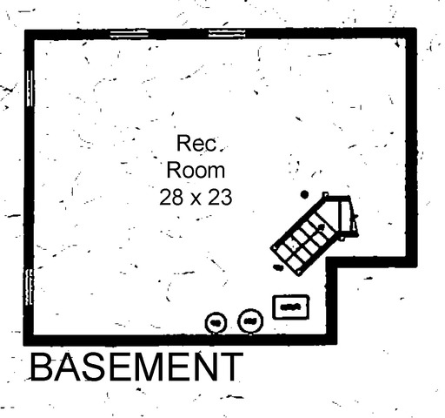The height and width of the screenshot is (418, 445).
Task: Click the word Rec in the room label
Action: point(196,143)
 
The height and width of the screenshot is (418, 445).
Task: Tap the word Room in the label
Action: point(196,170)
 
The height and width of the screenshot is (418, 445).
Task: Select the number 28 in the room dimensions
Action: point(171,197)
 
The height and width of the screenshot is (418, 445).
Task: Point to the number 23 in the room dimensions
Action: point(220,197)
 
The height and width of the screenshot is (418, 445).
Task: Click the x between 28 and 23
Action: point(196,199)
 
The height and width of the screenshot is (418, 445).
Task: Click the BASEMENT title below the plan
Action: point(136,367)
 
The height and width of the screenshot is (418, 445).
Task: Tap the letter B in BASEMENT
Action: point(41,367)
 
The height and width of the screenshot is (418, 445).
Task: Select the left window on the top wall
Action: point(129,33)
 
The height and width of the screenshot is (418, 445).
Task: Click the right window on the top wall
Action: point(227,33)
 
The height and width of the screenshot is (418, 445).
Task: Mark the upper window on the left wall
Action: point(30,88)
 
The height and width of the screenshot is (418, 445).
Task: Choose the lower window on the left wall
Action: point(30,287)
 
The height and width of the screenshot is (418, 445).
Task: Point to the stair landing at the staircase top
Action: point(347,216)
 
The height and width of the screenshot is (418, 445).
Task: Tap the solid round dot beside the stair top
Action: point(304,194)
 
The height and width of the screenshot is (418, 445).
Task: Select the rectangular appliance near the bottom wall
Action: point(291,307)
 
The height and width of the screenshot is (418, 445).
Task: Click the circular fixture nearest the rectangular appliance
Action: point(250,321)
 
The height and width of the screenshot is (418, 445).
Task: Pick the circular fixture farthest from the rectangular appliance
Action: point(216,322)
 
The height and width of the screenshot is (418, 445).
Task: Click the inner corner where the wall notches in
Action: point(332,261)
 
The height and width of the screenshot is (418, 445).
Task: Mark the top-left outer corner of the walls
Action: point(25,30)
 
